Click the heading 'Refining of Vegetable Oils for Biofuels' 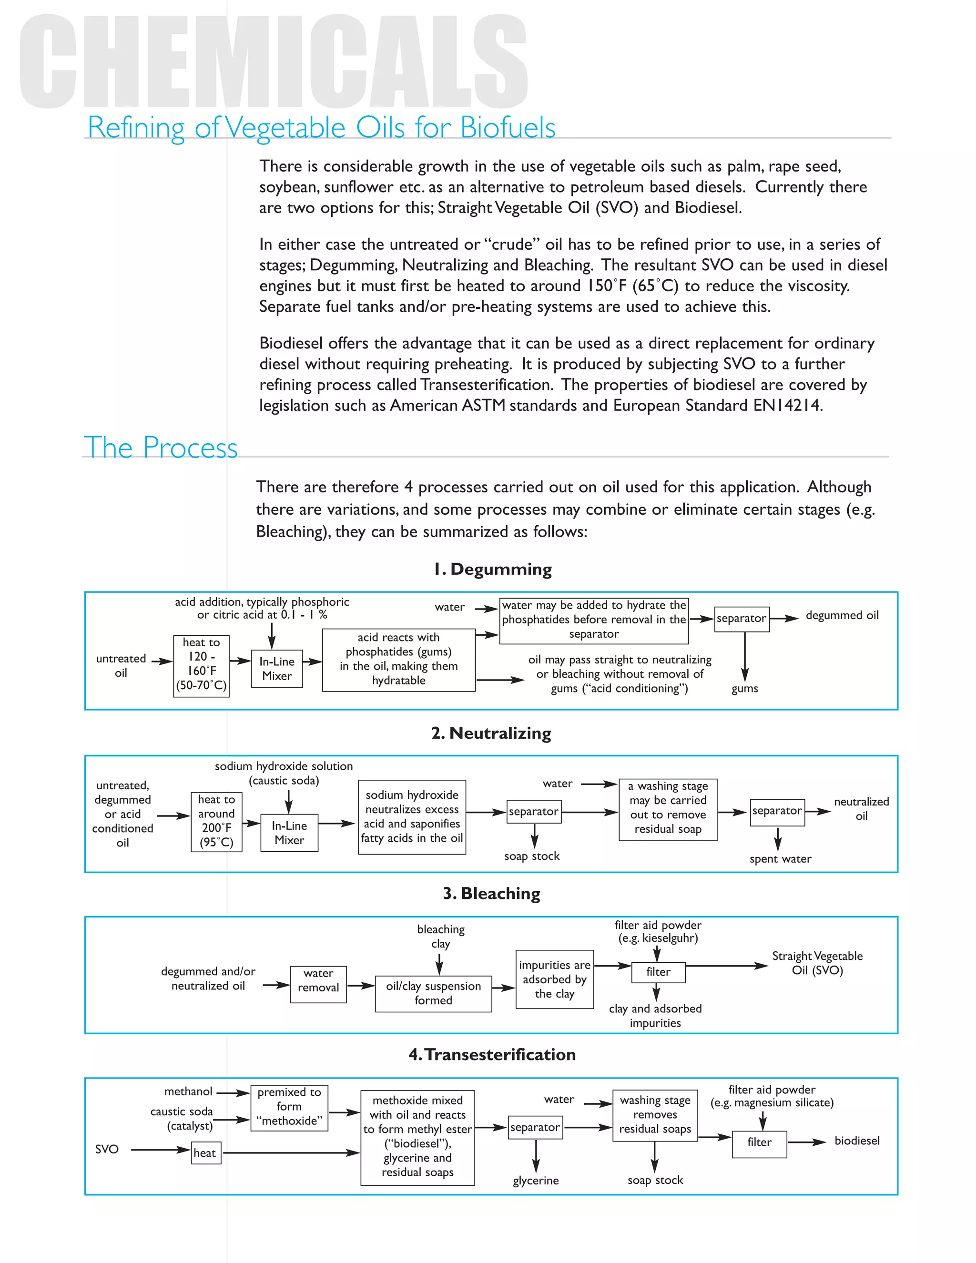[x=321, y=127]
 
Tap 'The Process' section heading [x=161, y=448]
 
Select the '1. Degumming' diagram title [x=493, y=569]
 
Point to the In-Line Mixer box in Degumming [x=277, y=669]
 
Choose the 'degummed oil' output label [x=842, y=615]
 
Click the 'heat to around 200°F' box [x=216, y=821]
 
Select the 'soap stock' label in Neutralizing [x=531, y=856]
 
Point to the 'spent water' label [x=780, y=859]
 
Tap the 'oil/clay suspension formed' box [x=433, y=993]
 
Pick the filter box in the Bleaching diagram [x=658, y=972]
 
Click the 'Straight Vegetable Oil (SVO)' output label [x=817, y=963]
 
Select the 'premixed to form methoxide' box [x=289, y=1106]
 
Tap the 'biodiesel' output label [x=856, y=1141]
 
